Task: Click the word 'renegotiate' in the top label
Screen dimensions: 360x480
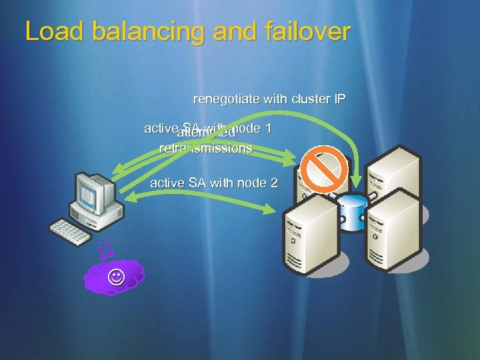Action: point(224,100)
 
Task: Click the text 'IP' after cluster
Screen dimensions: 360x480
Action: point(339,100)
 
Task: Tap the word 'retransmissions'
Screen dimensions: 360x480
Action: point(206,148)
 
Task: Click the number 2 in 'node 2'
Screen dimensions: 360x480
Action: point(273,182)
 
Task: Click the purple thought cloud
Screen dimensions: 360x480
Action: point(115,275)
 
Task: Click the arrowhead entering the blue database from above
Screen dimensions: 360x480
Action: point(359,181)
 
